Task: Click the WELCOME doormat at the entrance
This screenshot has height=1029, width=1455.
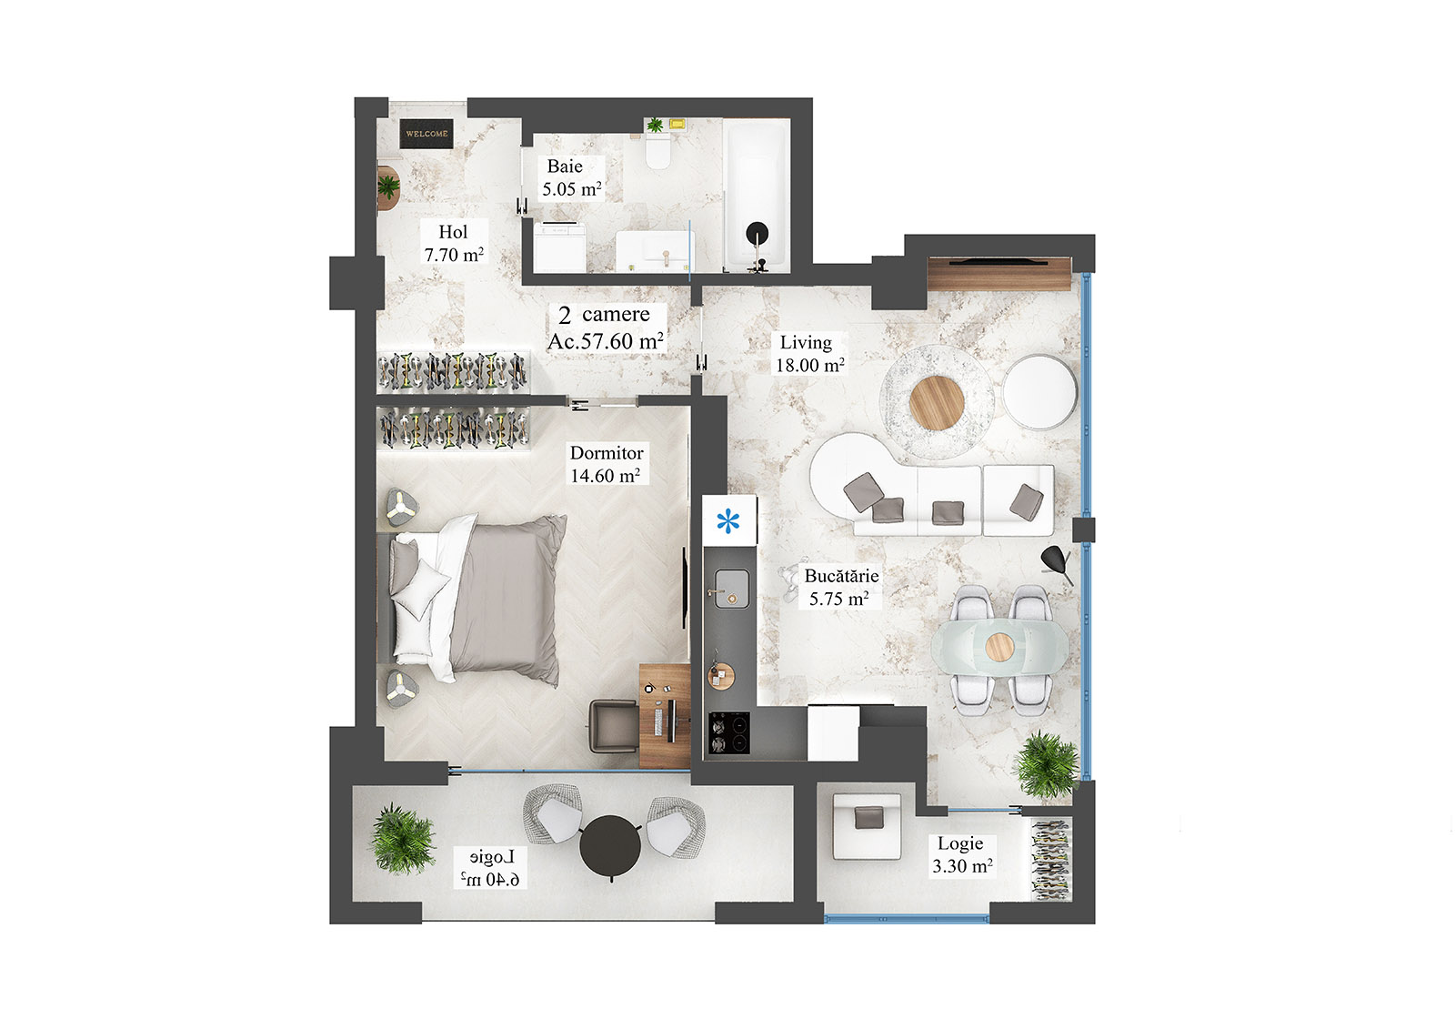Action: pyautogui.click(x=426, y=134)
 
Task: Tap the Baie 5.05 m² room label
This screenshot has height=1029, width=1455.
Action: pyautogui.click(x=571, y=178)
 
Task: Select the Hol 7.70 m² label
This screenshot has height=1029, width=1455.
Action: pyautogui.click(x=453, y=244)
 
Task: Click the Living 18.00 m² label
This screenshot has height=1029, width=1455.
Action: pyautogui.click(x=808, y=354)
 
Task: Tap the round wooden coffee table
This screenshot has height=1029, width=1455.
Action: pyautogui.click(x=937, y=401)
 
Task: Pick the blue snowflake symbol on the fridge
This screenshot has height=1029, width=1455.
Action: pyautogui.click(x=728, y=521)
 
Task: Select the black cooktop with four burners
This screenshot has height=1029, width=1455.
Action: pyautogui.click(x=729, y=733)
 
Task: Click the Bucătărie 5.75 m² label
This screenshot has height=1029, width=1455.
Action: pyautogui.click(x=840, y=588)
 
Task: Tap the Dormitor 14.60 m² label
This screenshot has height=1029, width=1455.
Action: pyautogui.click(x=606, y=464)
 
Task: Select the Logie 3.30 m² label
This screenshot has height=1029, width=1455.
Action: pyautogui.click(x=961, y=855)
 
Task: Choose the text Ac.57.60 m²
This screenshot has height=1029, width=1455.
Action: pyautogui.click(x=606, y=341)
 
